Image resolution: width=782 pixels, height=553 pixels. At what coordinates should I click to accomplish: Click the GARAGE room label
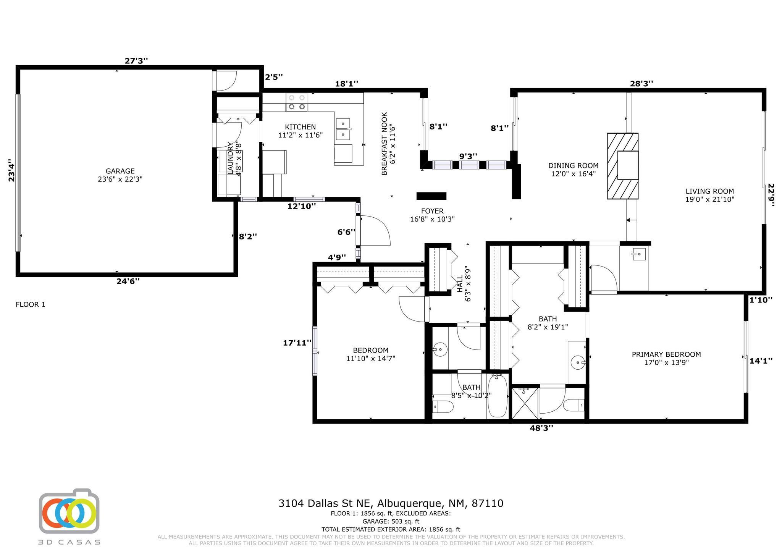pyautogui.click(x=120, y=171)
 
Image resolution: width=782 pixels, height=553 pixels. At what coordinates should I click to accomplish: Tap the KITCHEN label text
pyautogui.click(x=300, y=127)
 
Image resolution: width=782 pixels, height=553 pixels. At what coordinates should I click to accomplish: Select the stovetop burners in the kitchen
pyautogui.click(x=297, y=102)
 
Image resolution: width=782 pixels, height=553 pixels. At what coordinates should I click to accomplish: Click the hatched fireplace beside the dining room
pyautogui.click(x=623, y=166)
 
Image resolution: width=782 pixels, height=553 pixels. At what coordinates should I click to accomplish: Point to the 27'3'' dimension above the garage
pyautogui.click(x=136, y=61)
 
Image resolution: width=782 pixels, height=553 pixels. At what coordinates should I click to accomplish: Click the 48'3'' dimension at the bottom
pyautogui.click(x=541, y=428)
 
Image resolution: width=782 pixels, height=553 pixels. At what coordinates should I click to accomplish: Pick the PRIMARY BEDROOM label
pyautogui.click(x=666, y=354)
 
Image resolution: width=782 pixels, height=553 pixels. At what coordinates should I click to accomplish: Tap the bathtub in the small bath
pyautogui.click(x=497, y=396)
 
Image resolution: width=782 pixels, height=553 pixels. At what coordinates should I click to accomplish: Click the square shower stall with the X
pyautogui.click(x=525, y=403)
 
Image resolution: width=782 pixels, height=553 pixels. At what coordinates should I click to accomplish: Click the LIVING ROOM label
pyautogui.click(x=710, y=191)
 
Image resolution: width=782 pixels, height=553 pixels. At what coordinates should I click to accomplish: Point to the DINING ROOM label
pyautogui.click(x=573, y=166)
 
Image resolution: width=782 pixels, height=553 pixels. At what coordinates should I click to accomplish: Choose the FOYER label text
pyautogui.click(x=432, y=211)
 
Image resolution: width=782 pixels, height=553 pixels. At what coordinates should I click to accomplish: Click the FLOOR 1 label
pyautogui.click(x=31, y=304)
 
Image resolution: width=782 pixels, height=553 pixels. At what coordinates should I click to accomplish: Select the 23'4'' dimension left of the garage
pyautogui.click(x=12, y=170)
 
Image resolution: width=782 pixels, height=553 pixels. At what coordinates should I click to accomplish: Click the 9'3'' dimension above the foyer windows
pyautogui.click(x=468, y=156)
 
